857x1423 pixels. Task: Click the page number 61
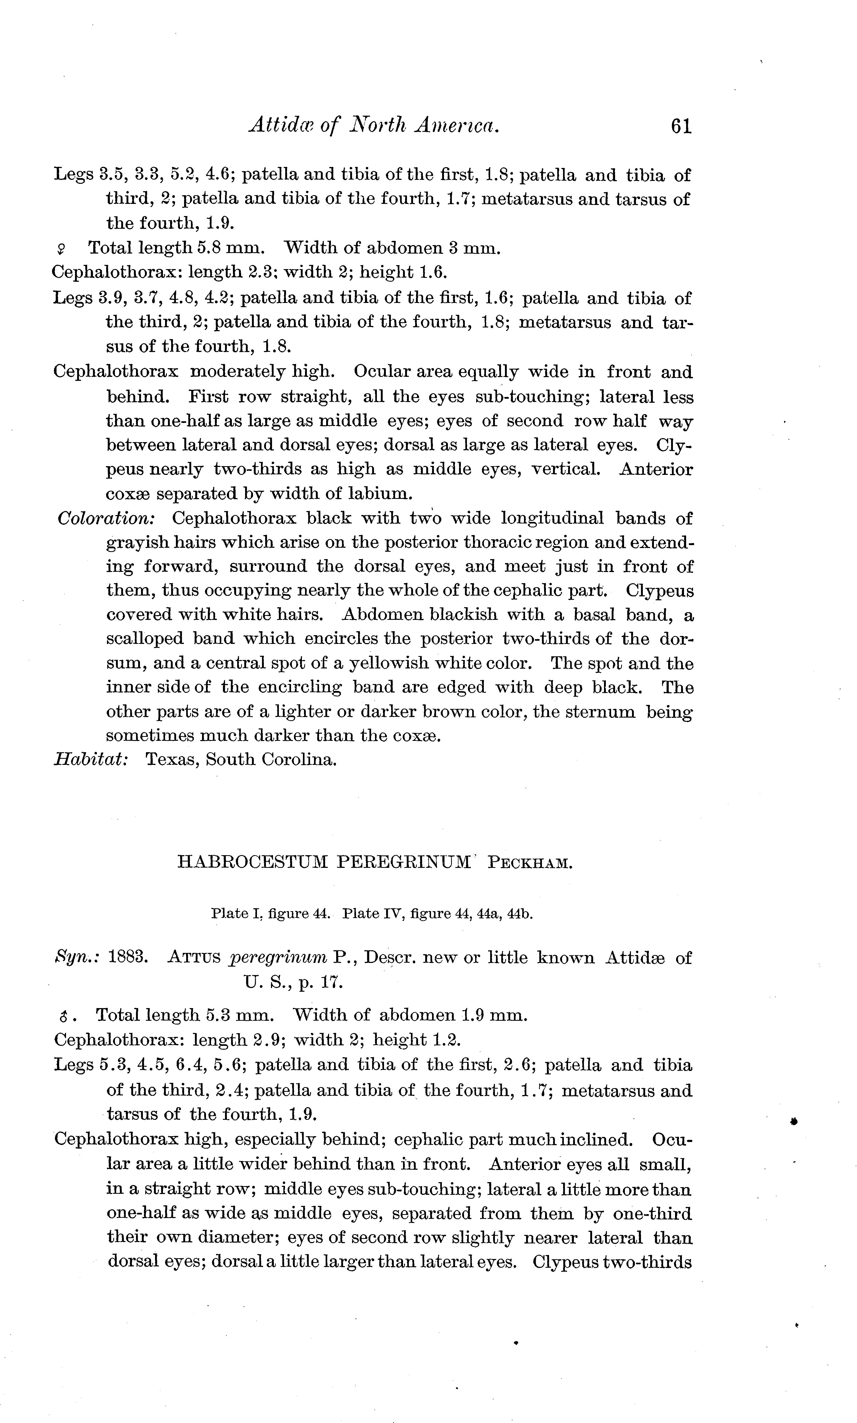coord(681,126)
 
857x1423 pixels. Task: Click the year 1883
coord(129,958)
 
